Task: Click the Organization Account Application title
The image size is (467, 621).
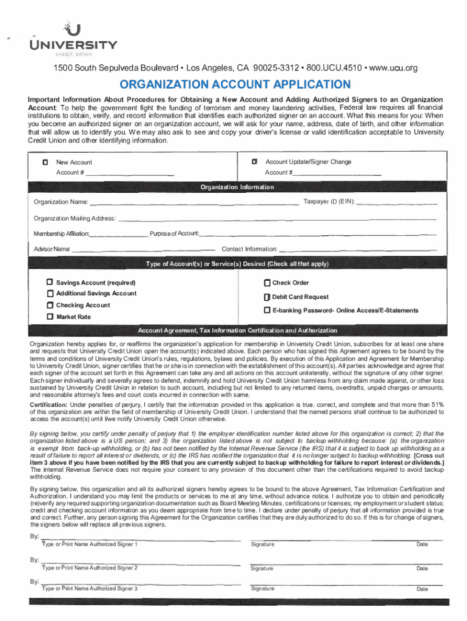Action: (x=233, y=84)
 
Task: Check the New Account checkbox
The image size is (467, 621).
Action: (x=45, y=163)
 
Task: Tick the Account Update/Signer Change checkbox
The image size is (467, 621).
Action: (x=255, y=162)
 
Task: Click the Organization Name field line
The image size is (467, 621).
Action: (x=194, y=203)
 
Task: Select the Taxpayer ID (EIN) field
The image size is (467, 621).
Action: (x=397, y=202)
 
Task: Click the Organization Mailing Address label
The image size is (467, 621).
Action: (x=74, y=218)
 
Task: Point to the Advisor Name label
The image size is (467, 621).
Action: (x=52, y=249)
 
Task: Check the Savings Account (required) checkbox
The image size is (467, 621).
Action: (x=50, y=283)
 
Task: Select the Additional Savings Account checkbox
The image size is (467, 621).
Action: (x=50, y=294)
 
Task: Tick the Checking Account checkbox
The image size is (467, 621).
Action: (x=50, y=306)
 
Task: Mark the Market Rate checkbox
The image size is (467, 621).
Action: (x=50, y=317)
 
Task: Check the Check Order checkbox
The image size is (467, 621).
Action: (x=267, y=283)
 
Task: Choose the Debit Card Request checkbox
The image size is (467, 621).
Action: (x=267, y=297)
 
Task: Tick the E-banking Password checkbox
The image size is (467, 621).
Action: (x=267, y=310)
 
